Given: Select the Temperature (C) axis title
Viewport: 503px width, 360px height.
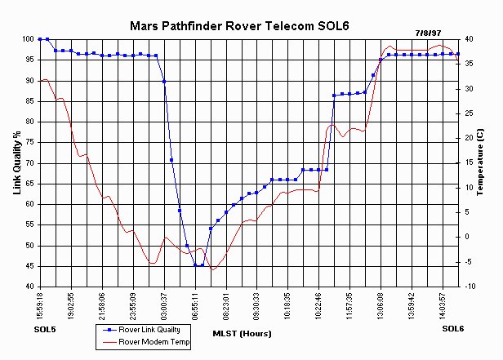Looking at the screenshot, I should [x=479, y=162].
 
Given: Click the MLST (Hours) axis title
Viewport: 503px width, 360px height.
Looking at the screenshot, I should [x=242, y=334].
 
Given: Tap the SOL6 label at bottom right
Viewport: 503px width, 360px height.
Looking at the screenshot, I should [x=453, y=328].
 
